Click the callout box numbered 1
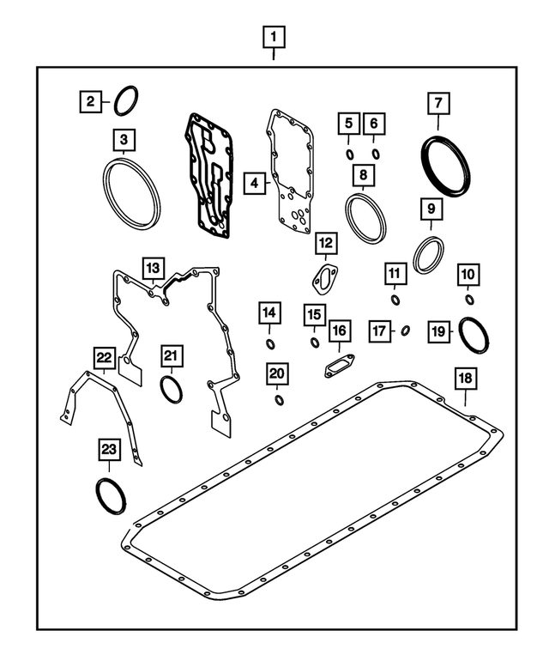click(274, 37)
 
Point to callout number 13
click(151, 269)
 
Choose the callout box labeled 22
click(104, 355)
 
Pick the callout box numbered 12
click(325, 244)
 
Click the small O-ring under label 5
click(349, 155)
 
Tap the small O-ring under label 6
click(375, 155)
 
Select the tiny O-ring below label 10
click(470, 300)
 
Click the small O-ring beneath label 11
click(395, 300)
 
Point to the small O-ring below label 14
click(269, 344)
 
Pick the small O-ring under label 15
click(315, 344)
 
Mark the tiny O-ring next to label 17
click(406, 330)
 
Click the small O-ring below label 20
click(279, 400)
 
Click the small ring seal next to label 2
click(126, 101)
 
